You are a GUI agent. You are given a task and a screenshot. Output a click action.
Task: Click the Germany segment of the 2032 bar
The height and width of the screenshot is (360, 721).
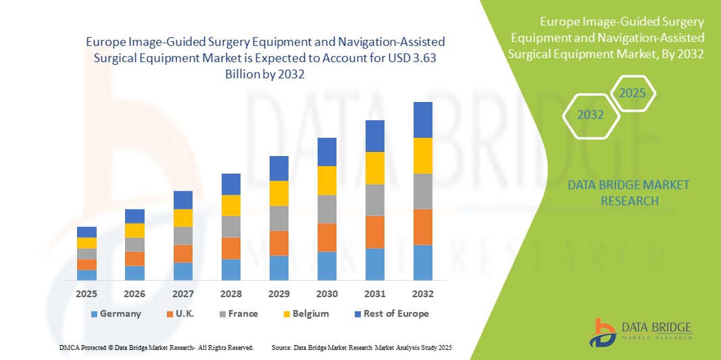point(423,262)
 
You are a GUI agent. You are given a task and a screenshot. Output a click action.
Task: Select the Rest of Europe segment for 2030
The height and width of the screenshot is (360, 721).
point(327,152)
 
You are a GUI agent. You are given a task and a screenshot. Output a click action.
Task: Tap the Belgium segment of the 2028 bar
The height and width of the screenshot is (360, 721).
point(231,205)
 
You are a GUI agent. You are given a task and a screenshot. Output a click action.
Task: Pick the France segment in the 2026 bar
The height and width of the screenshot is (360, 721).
point(134,245)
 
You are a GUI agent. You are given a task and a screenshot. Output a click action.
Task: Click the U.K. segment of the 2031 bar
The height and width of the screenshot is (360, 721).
point(375,232)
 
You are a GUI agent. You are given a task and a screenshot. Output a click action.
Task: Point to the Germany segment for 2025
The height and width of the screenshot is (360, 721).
point(86,275)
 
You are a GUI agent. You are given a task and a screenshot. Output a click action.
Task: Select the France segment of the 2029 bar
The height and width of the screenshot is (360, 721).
point(279,218)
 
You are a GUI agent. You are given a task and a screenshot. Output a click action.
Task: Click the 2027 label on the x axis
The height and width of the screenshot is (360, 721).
point(182,294)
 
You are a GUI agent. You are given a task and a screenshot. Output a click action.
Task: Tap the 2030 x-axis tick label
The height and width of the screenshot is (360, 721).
point(327,294)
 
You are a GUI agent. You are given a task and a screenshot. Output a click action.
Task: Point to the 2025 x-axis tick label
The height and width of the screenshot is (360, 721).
point(86,294)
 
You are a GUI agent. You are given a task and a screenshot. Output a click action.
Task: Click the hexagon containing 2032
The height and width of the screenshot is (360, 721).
point(591,115)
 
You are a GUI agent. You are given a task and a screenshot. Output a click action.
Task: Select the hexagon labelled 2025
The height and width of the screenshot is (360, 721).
point(633,94)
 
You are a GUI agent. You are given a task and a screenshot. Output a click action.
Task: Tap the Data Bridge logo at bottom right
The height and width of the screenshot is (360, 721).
point(640,331)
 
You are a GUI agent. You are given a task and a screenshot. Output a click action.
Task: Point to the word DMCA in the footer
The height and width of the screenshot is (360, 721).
point(69,347)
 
